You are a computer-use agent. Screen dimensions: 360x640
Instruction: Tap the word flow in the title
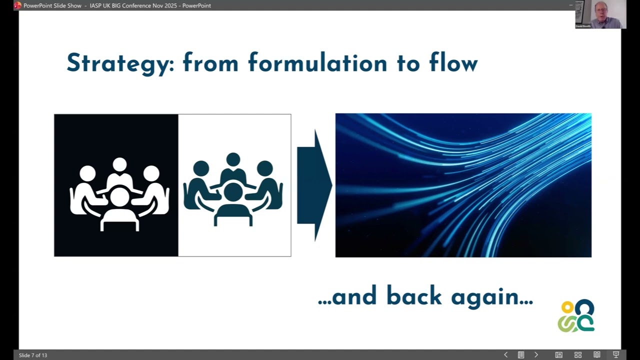pos(453,63)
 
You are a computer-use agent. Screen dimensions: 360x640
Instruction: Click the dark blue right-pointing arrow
pos(314,185)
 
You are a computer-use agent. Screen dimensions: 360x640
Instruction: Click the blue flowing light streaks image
pos(463,185)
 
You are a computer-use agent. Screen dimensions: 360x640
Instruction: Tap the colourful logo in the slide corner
pos(576,316)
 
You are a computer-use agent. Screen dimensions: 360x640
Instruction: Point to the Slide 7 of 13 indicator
pos(33,355)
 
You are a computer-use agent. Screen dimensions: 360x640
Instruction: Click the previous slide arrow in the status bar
pos(505,355)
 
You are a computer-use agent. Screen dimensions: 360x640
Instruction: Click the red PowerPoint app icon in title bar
pos(17,5)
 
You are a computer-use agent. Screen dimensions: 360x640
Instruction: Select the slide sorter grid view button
pos(578,355)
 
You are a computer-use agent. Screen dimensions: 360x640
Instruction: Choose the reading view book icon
pos(597,355)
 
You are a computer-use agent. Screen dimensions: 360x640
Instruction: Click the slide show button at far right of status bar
pos(616,355)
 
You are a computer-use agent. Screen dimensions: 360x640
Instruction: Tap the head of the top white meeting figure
pos(119,164)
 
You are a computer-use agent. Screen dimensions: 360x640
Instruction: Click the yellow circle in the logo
pos(567,307)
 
